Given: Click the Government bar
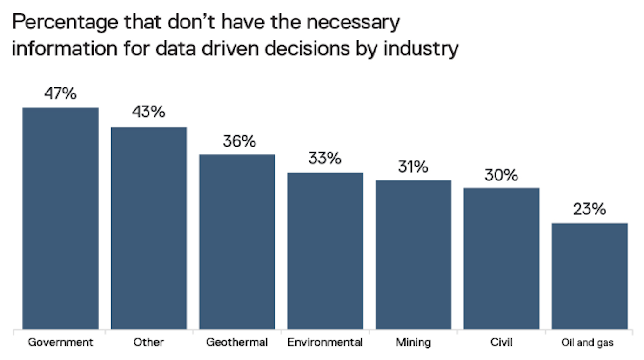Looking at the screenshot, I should click(60, 219).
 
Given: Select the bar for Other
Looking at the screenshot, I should click(148, 228).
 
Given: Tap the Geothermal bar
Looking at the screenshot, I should click(237, 242).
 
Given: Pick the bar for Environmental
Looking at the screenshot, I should click(325, 251).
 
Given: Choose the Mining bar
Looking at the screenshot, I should click(413, 255).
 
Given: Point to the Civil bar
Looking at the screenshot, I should click(501, 259).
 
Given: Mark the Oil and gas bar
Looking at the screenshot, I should click(590, 276).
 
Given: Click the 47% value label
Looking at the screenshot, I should click(60, 93).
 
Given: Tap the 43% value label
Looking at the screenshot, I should click(148, 113).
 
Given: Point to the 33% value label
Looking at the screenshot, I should click(325, 159).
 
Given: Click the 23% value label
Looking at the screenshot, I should click(590, 209).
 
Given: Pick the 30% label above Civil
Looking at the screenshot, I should click(501, 175).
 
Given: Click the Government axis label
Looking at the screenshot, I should click(60, 343).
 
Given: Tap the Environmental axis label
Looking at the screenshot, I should click(325, 343).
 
